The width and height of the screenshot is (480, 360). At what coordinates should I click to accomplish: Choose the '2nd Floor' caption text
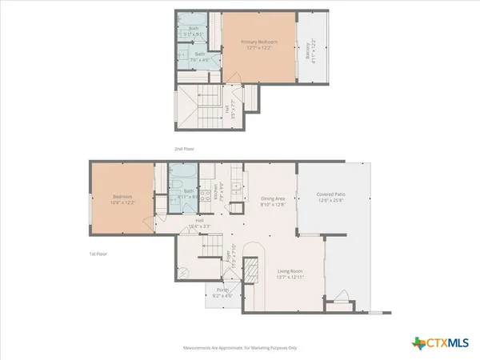[x=185, y=149]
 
